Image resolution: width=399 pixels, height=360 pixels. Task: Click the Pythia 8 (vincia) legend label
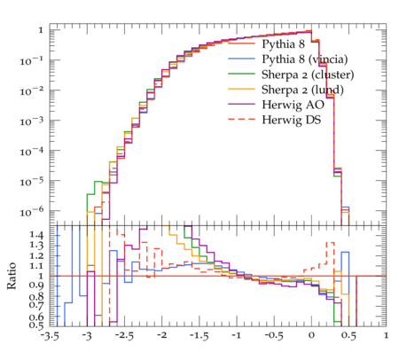point(305,59)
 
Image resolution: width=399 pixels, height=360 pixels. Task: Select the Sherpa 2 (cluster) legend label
point(308,74)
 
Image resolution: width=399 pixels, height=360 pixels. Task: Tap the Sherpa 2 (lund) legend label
point(302,90)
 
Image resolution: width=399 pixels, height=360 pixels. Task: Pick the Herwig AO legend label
point(293,105)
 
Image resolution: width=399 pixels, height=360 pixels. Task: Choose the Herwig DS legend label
point(292,120)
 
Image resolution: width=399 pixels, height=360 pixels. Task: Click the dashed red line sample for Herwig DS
point(241,119)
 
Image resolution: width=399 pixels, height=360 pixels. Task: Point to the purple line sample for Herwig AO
point(241,104)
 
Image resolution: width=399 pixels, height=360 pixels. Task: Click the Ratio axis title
point(12,276)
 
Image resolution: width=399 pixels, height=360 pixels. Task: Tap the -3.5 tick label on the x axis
point(50,336)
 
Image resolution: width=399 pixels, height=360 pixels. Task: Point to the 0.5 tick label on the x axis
point(348,336)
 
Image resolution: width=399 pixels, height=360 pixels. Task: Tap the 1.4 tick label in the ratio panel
point(36,235)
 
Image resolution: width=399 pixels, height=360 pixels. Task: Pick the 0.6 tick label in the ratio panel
point(36,317)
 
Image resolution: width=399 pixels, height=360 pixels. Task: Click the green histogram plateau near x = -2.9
point(98,182)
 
